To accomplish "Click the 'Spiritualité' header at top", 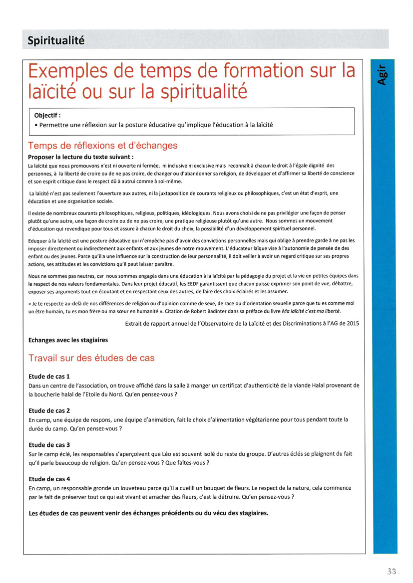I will pyautogui.click(x=55, y=40).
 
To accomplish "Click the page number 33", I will pyautogui.click(x=391, y=572).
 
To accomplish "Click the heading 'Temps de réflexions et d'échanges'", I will pyautogui.click(x=103, y=146).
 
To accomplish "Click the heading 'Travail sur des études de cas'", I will pyautogui.click(x=91, y=358).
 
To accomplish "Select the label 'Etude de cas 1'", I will pyautogui.click(x=49, y=376).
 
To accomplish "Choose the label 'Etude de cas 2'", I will pyautogui.click(x=49, y=410).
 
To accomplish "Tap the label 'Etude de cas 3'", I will pyautogui.click(x=49, y=444).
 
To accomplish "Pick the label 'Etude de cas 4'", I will pyautogui.click(x=49, y=479).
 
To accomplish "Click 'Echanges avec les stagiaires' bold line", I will pyautogui.click(x=68, y=340).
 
